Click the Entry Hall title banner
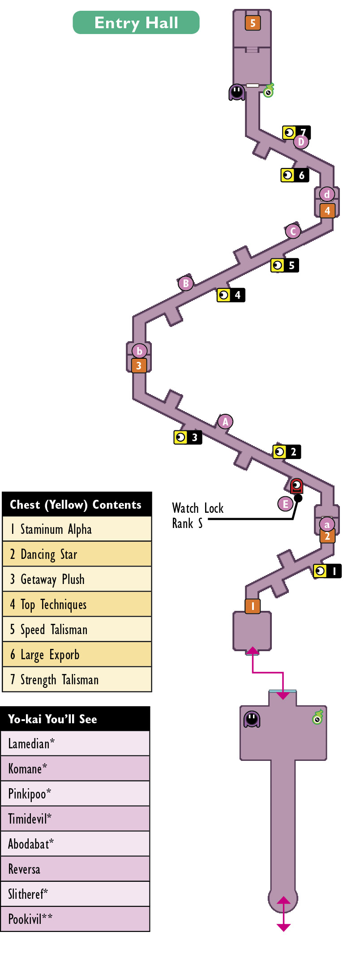136,22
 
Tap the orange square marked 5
253,23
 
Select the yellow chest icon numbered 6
295,175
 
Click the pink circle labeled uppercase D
301,142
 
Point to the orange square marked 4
327,210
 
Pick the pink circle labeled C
293,231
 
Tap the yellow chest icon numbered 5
285,265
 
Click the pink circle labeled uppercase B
186,283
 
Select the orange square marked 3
139,365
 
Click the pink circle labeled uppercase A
225,422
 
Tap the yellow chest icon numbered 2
287,451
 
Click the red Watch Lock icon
296,486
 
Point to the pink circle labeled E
285,504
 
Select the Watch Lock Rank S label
197,515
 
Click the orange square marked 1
253,606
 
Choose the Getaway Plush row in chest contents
77,579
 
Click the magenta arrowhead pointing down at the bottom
283,927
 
